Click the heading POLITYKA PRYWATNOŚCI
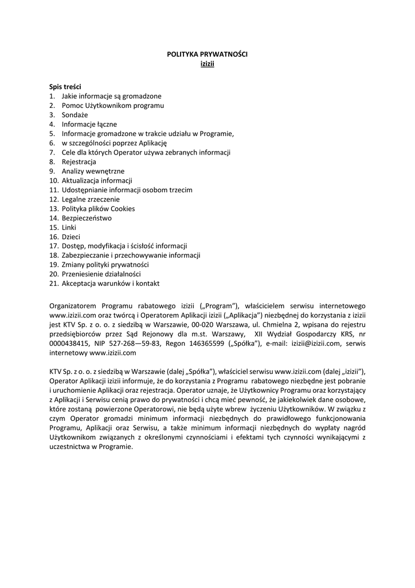point(207,53)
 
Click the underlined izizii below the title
point(207,63)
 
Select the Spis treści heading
point(65,86)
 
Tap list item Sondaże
point(75,114)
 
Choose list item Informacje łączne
point(89,124)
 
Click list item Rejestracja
point(79,162)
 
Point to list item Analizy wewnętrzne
point(93,171)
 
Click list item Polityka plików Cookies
point(98,208)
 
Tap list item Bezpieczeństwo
point(87,218)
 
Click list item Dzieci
point(71,237)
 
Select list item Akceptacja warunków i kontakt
point(111,283)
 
